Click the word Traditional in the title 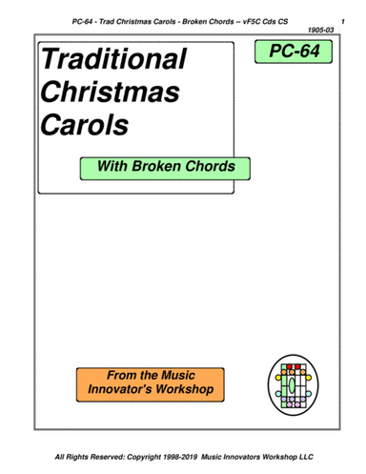(112, 61)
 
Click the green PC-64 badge (294, 55)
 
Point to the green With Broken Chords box (159, 168)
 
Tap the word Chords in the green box (210, 168)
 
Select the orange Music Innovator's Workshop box (152, 383)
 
